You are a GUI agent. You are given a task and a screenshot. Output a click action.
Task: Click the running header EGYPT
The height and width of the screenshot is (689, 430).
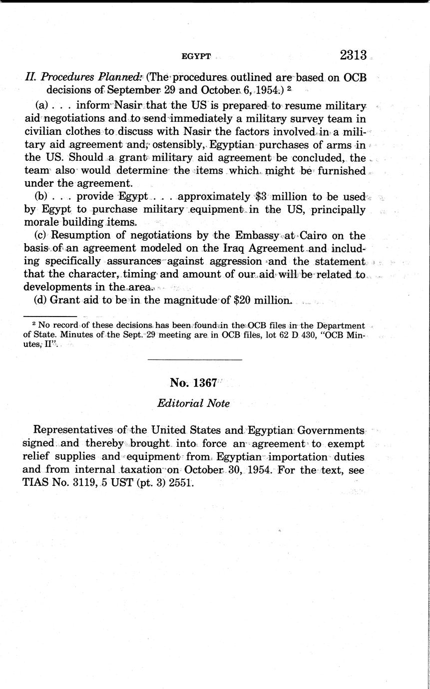tap(196, 56)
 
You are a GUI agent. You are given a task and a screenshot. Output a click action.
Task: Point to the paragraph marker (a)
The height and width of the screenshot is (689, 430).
tap(41, 106)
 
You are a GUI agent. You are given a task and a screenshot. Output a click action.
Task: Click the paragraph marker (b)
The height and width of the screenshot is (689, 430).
tap(41, 197)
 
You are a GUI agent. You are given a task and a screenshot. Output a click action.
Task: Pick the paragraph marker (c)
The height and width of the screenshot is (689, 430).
tap(41, 235)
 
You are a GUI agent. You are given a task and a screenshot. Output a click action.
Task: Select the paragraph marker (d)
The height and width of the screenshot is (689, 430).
tap(41, 301)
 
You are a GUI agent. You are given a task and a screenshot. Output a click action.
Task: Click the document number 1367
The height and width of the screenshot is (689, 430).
tap(206, 383)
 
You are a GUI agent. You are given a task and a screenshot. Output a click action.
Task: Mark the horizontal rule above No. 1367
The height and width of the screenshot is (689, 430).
tap(195, 360)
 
